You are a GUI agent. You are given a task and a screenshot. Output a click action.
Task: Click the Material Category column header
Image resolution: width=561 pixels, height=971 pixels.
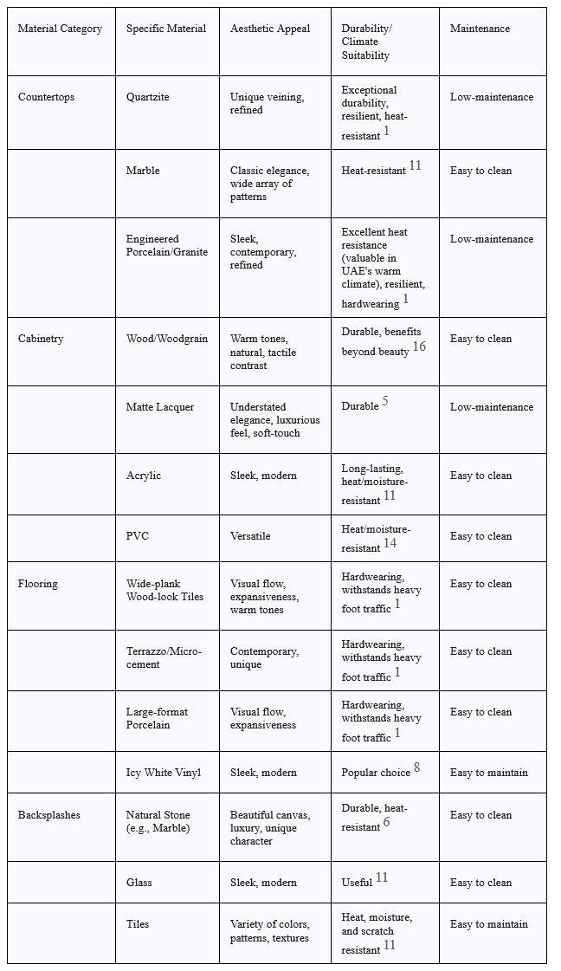(x=60, y=29)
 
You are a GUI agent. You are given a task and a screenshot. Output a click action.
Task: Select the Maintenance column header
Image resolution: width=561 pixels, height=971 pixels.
(x=480, y=29)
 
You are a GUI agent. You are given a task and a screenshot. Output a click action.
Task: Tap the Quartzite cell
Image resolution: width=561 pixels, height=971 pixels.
(x=147, y=97)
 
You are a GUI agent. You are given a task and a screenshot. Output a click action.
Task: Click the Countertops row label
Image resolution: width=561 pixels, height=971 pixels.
(x=46, y=97)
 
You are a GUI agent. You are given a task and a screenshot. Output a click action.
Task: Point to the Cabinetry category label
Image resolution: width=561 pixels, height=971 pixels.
(x=41, y=339)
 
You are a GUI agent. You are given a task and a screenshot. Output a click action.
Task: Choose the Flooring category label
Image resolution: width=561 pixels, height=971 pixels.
(x=38, y=584)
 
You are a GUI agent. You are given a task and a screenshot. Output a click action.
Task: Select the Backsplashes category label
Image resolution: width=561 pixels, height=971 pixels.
(x=48, y=815)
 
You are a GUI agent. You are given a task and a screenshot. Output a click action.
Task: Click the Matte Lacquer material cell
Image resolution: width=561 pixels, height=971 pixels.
(x=160, y=407)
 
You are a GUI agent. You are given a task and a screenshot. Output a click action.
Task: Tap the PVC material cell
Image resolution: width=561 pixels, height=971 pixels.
(x=138, y=536)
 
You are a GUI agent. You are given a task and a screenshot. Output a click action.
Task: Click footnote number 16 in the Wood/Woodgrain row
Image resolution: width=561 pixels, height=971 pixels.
(x=419, y=346)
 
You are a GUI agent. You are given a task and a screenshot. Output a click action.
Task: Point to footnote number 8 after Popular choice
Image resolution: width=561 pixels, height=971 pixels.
(x=416, y=767)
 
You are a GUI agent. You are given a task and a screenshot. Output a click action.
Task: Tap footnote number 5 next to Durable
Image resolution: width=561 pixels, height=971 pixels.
(x=385, y=401)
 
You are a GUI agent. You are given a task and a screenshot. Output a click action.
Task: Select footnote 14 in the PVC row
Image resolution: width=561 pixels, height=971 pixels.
(x=390, y=543)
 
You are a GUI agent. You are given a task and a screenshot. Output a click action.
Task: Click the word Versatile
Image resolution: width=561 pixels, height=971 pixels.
(x=250, y=536)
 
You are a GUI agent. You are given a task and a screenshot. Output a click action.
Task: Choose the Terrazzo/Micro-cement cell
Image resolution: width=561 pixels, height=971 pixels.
(x=164, y=657)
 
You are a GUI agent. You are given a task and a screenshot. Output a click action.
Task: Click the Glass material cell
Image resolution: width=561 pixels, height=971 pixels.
(x=139, y=883)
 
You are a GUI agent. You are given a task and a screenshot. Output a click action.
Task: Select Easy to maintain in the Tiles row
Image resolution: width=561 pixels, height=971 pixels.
(x=488, y=924)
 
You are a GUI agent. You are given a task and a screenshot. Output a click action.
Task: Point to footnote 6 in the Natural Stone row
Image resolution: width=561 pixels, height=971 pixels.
(x=386, y=822)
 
